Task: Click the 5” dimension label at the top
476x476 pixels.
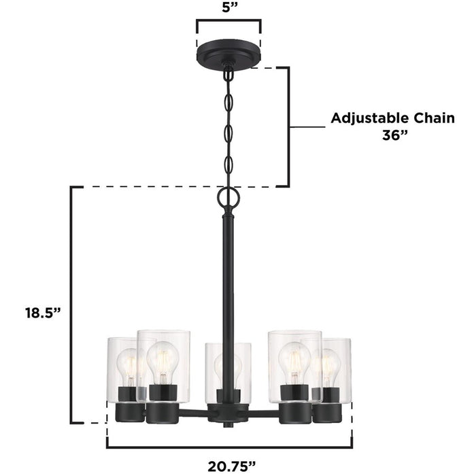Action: tap(228, 8)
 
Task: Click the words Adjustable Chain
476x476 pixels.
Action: tap(392, 118)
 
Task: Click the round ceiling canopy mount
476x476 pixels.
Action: tap(228, 54)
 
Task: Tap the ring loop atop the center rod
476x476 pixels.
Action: tap(228, 198)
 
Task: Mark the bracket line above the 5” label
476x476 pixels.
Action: tap(228, 20)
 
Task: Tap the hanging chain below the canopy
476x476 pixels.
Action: tap(228, 126)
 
